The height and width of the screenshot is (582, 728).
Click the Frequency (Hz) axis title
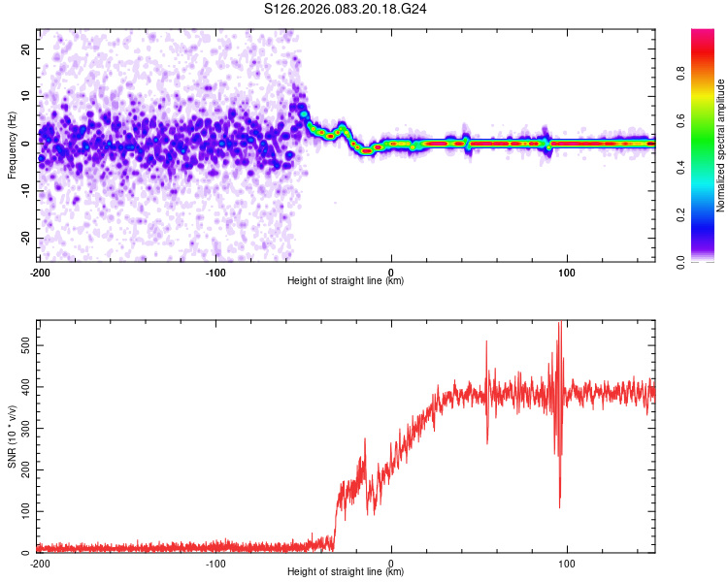click(12, 145)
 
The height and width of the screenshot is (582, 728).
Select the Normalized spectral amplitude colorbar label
click(720, 146)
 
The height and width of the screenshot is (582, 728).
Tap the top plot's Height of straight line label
click(346, 280)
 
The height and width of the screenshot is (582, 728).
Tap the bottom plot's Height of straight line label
click(346, 572)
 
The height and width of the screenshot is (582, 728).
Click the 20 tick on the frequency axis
click(26, 48)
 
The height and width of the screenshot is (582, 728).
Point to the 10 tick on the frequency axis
click(26, 96)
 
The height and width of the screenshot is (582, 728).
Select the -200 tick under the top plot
click(40, 272)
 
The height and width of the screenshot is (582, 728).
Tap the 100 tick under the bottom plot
click(567, 563)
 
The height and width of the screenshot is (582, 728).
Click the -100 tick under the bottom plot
click(215, 563)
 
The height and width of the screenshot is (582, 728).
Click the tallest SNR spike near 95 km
click(559, 323)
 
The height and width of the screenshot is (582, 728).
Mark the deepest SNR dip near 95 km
click(559, 506)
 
